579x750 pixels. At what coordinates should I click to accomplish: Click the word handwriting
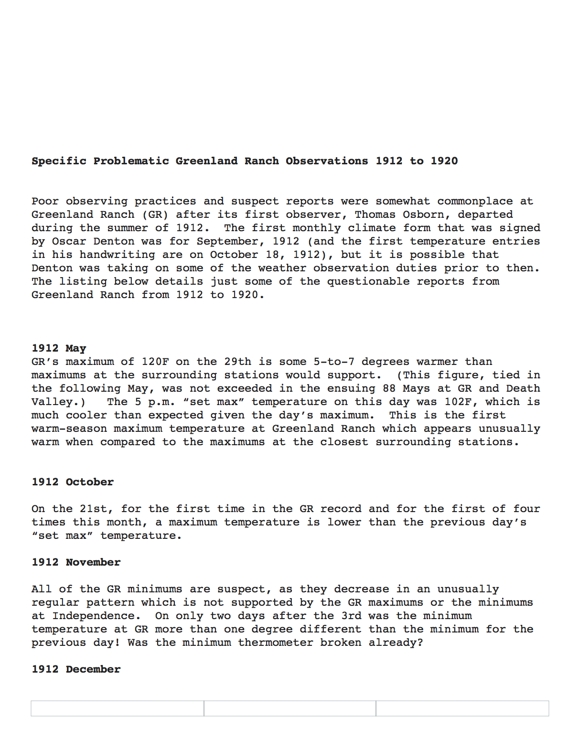click(117, 255)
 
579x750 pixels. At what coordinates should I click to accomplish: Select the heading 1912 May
click(59, 348)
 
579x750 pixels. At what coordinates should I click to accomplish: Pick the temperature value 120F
click(155, 362)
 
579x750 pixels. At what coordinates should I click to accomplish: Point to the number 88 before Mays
click(389, 388)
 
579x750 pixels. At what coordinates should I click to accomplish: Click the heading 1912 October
click(73, 482)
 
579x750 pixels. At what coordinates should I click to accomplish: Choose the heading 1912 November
click(76, 562)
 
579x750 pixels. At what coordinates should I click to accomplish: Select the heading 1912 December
click(76, 669)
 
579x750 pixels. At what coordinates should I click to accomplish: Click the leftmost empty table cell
click(118, 708)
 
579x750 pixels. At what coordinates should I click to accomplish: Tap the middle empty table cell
click(289, 708)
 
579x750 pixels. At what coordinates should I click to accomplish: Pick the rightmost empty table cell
click(462, 708)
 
